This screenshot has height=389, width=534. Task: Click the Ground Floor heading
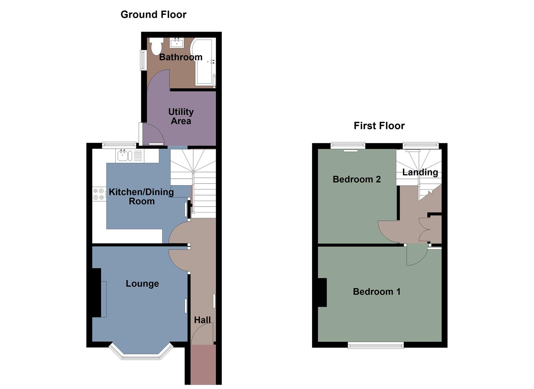(153, 15)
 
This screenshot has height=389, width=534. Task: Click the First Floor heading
(379, 126)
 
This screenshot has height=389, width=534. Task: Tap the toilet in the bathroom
(156, 46)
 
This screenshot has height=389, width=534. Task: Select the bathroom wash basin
(177, 43)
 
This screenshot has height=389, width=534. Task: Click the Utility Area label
(181, 116)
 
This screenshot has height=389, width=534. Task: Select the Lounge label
(142, 284)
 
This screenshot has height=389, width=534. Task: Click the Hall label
(202, 320)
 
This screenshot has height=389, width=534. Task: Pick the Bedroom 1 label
(376, 292)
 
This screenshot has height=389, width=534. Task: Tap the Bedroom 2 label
(356, 179)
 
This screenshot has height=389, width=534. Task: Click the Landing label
(420, 172)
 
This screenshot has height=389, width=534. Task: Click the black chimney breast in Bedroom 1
(322, 292)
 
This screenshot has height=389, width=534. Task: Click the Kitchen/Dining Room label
(141, 197)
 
